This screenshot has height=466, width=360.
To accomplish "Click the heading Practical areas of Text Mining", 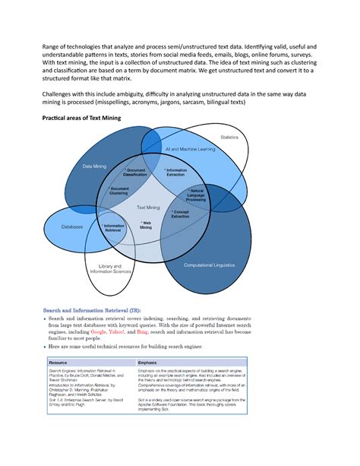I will (71, 120).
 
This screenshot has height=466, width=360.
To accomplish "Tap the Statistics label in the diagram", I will (229, 137).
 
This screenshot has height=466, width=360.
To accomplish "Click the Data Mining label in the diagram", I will (95, 166).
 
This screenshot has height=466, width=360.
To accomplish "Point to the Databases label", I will (73, 227).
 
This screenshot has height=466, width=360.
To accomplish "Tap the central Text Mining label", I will (148, 207).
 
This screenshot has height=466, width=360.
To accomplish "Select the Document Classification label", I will (135, 173).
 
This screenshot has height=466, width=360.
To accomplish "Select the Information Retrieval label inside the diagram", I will (113, 229).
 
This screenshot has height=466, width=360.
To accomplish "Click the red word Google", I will (98, 332).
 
